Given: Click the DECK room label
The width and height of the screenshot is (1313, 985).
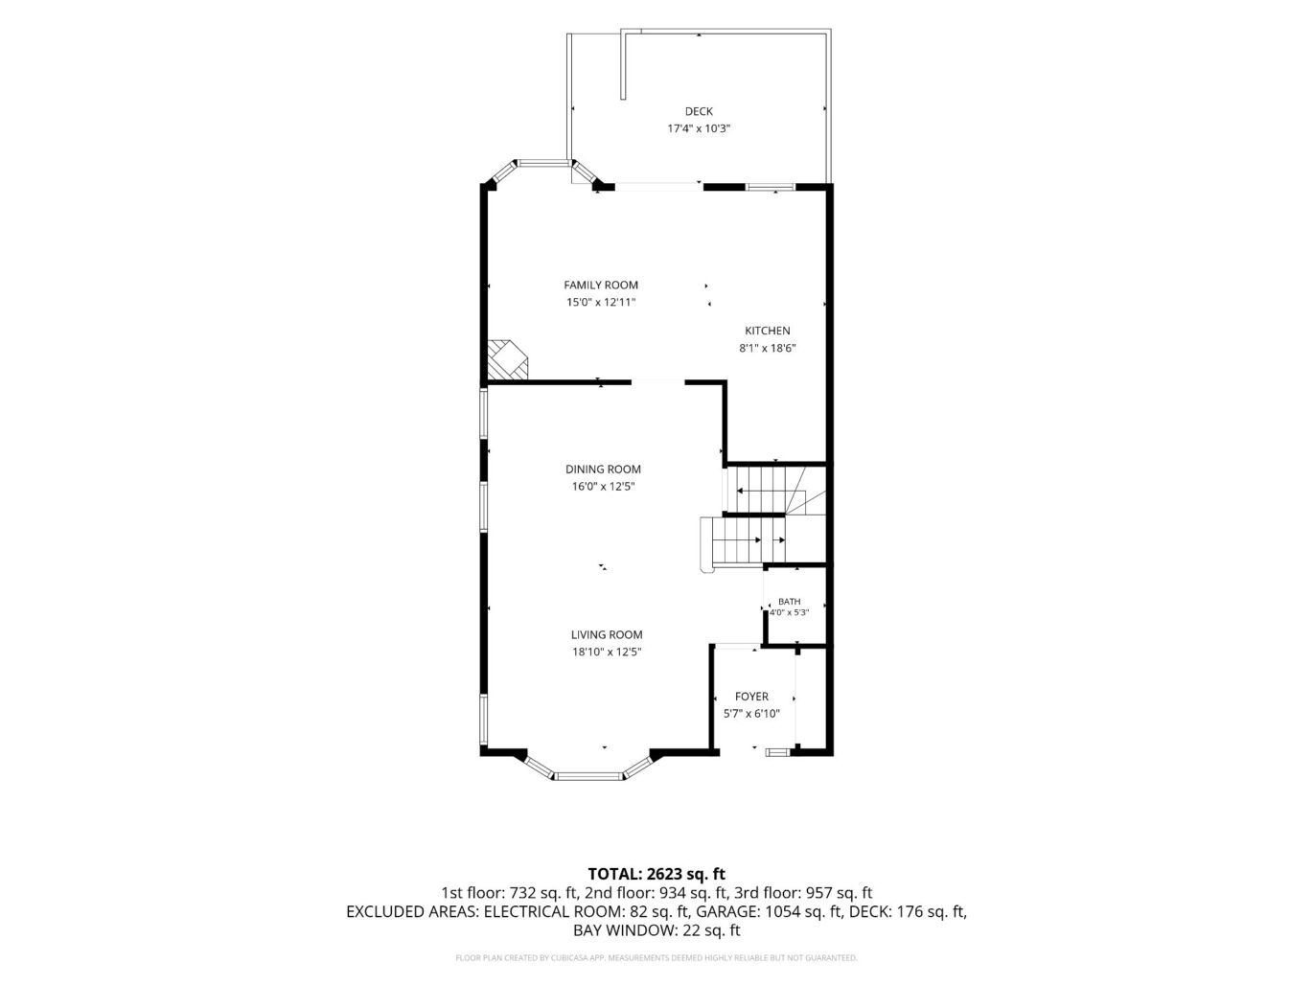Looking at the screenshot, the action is coord(698,111).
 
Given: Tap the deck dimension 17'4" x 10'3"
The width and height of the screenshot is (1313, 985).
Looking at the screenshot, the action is coord(698,128).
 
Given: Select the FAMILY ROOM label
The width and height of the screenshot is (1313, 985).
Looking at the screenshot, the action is coord(601,286).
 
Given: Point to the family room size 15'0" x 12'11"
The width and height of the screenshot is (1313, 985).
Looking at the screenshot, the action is coord(601,303).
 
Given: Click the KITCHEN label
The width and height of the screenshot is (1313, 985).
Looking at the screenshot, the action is coord(767,331).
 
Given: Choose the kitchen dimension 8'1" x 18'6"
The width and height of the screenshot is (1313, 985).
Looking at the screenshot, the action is coord(767,348).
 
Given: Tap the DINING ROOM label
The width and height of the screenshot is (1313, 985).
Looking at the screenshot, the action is coord(603,470).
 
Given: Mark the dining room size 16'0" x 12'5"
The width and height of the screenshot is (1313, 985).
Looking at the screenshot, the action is coord(603,487).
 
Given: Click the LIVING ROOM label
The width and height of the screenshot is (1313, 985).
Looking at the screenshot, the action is coord(607,634).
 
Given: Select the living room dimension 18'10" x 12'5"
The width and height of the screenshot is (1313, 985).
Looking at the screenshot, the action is coord(607,652).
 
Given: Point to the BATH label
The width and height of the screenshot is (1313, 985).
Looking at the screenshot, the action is coord(789,602).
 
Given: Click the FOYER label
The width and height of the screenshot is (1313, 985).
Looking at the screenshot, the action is coord(751,697).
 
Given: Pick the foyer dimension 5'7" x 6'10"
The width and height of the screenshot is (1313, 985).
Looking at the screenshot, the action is coord(751,714).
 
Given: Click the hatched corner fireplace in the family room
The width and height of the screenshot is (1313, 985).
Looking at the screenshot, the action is coord(506,360).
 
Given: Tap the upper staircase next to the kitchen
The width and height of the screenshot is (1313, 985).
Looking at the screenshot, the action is coord(775,490).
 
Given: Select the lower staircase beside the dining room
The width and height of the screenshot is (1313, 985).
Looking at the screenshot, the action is coord(743,542).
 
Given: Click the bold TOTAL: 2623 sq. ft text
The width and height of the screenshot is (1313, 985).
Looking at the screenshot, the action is coord(656,875).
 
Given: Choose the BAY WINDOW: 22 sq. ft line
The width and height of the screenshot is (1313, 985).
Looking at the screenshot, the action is coord(656,930).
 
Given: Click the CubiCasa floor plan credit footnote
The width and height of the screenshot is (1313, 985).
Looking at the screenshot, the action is coord(656,958).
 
